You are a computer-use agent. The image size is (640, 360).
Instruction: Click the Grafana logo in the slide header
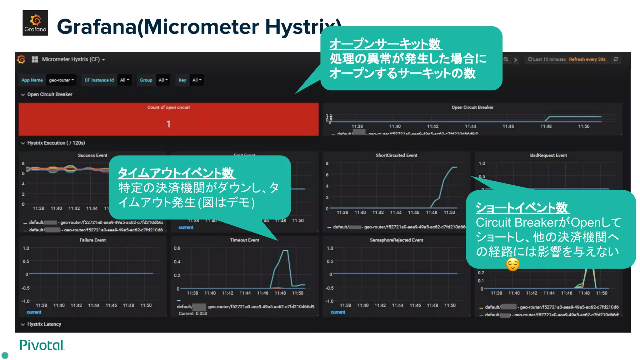(x=35, y=23)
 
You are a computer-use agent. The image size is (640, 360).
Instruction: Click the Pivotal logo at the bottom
(x=42, y=345)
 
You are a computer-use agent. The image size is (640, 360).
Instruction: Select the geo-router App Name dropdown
(x=61, y=80)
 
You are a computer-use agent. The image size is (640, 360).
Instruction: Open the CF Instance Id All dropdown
(x=125, y=80)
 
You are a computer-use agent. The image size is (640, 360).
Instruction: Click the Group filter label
(x=146, y=80)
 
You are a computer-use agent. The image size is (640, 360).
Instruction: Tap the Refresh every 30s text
(x=587, y=59)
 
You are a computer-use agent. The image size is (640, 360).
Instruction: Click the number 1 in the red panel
(x=168, y=124)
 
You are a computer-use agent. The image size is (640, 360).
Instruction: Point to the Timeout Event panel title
(x=244, y=240)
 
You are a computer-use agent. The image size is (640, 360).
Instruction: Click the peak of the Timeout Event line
(x=285, y=251)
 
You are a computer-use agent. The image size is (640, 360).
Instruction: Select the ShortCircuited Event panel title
(x=396, y=155)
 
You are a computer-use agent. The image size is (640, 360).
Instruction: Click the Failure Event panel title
(x=92, y=240)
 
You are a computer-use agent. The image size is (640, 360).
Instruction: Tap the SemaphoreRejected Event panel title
(x=396, y=240)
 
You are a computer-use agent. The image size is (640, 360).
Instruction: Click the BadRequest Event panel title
(x=548, y=155)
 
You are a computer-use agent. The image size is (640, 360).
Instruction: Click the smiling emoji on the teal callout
(x=512, y=264)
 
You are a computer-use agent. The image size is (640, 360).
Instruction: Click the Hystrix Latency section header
(x=44, y=324)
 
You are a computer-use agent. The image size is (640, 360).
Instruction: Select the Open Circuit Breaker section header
(x=49, y=94)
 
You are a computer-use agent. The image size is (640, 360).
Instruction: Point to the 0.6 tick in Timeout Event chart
(x=177, y=248)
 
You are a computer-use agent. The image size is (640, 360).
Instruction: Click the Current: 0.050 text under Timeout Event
(x=193, y=313)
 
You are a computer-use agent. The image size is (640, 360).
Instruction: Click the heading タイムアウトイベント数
(x=176, y=173)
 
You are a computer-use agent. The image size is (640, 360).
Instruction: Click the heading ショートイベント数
(x=522, y=207)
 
